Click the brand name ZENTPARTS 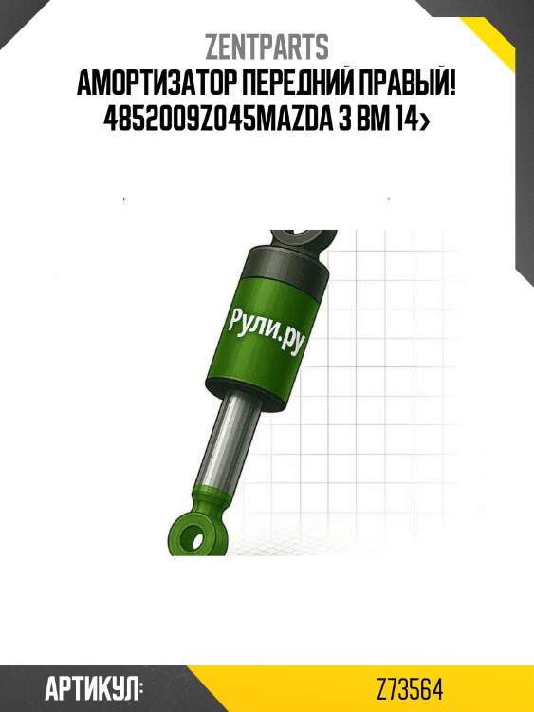[x=267, y=47]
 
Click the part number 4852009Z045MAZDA [x=222, y=119]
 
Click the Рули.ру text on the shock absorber [x=263, y=330]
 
